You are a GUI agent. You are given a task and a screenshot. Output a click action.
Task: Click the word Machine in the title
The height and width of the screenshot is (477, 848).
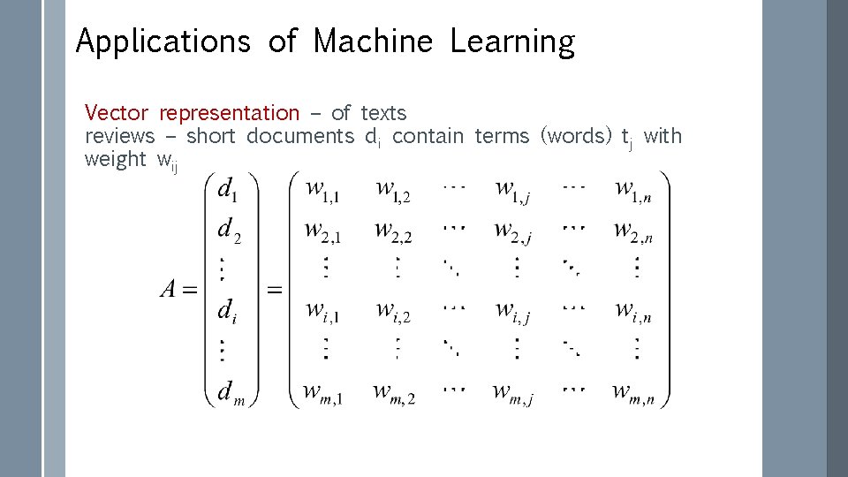point(373,42)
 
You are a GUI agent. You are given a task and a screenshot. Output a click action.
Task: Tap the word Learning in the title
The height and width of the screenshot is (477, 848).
point(511,42)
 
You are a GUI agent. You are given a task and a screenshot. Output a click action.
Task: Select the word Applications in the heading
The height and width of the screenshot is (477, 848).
point(163,42)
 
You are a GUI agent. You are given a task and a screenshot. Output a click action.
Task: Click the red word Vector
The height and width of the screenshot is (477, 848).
point(117,113)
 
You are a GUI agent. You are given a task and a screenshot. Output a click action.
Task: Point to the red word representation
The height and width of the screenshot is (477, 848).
point(230,113)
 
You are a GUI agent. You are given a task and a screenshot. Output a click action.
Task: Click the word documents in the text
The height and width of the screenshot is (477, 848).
point(299,136)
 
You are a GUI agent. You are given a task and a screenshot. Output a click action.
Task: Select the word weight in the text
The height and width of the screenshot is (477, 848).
point(115,159)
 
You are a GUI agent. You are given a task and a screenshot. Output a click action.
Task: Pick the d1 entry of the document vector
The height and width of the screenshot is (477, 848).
point(227,189)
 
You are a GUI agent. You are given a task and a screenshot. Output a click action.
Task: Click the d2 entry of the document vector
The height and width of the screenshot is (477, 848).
point(229,231)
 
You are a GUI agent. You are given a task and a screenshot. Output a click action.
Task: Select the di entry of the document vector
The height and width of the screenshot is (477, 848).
point(227,310)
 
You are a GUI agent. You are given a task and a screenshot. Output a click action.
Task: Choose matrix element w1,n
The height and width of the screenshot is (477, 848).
point(634,189)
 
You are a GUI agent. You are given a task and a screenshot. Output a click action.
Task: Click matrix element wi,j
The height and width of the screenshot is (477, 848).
point(513,310)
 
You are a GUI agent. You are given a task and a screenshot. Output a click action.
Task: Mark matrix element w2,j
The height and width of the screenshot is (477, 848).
point(513,231)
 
